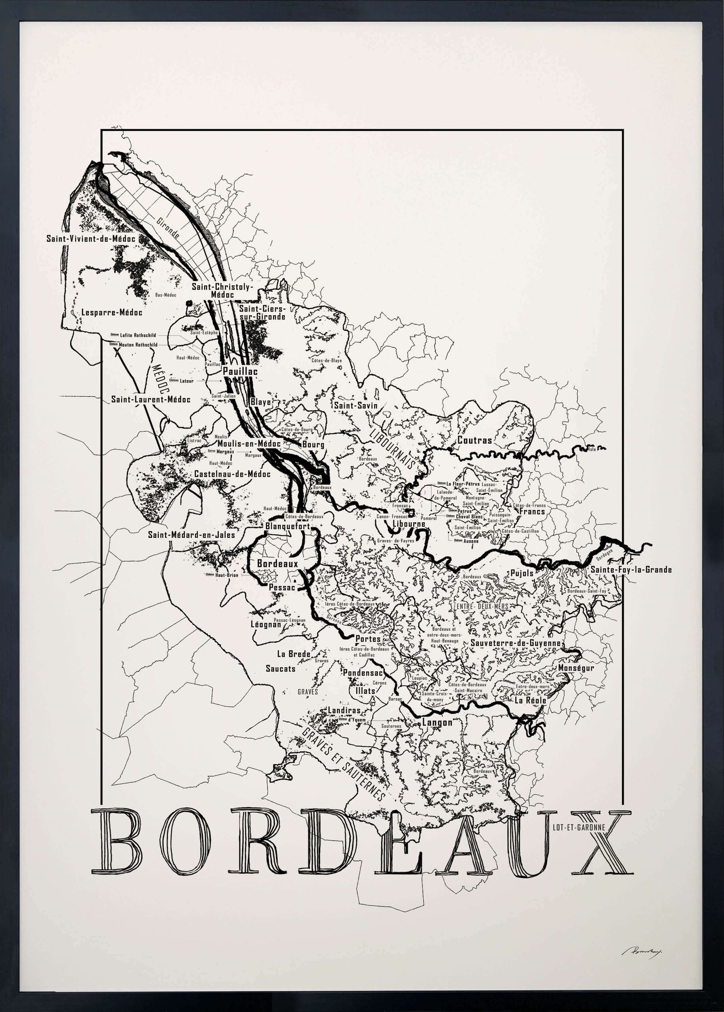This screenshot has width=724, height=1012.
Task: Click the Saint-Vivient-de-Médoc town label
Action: (x=90, y=239)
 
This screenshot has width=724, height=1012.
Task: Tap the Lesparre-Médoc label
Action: (x=111, y=312)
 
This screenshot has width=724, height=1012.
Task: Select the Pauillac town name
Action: (x=240, y=371)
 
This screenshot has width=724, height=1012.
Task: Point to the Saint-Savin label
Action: (x=356, y=406)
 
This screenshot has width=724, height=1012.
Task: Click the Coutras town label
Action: (x=474, y=440)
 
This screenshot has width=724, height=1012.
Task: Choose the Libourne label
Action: (x=409, y=524)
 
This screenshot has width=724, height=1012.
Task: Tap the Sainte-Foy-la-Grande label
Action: (x=631, y=570)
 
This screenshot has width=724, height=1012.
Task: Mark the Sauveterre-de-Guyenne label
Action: (x=515, y=643)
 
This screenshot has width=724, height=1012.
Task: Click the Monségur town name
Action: (x=576, y=668)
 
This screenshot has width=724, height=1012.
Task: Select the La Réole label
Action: (x=530, y=700)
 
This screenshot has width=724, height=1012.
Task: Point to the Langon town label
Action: (x=437, y=722)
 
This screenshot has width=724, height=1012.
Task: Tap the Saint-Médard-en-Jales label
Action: (x=192, y=534)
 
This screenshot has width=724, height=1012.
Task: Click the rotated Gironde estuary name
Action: (x=168, y=228)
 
